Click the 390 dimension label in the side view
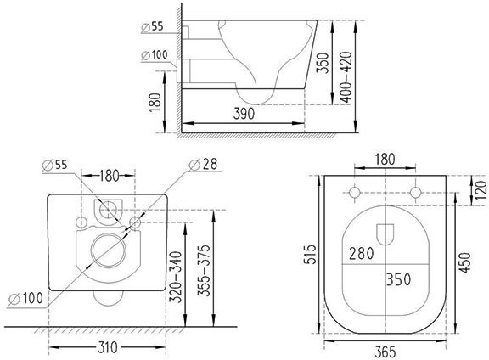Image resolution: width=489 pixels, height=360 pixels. [244, 114]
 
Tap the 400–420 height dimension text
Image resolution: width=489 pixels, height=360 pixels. [346, 77]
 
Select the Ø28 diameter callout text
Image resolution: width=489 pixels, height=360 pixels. [204, 164]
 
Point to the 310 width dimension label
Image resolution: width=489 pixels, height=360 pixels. [108, 347]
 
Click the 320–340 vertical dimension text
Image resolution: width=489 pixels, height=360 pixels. [175, 277]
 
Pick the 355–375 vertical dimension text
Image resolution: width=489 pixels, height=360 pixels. [204, 271]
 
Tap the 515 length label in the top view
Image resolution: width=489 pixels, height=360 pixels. [311, 254]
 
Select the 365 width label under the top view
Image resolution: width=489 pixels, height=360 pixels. [385, 352]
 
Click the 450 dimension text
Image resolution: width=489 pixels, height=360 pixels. [465, 263]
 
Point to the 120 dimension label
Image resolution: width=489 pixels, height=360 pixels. [481, 190]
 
